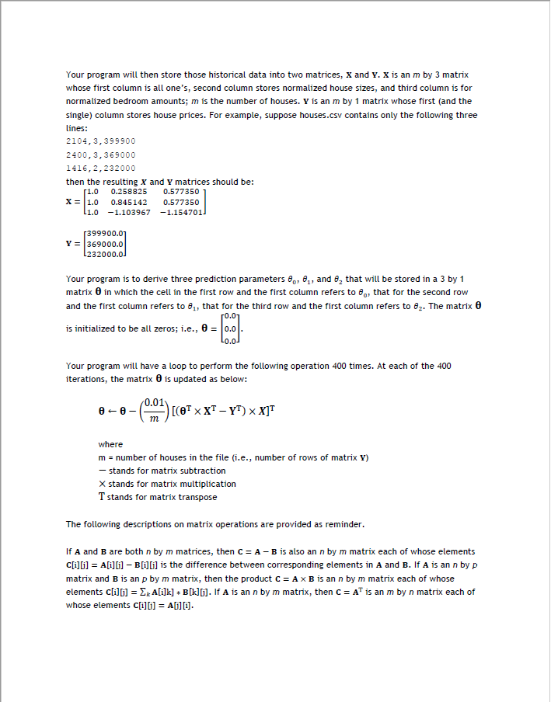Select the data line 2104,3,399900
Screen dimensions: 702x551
[101, 141]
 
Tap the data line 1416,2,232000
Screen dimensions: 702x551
[101, 168]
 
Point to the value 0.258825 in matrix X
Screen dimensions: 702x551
[129, 190]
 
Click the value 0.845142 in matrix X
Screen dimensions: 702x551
[129, 201]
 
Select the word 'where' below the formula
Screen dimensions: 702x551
[110, 444]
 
